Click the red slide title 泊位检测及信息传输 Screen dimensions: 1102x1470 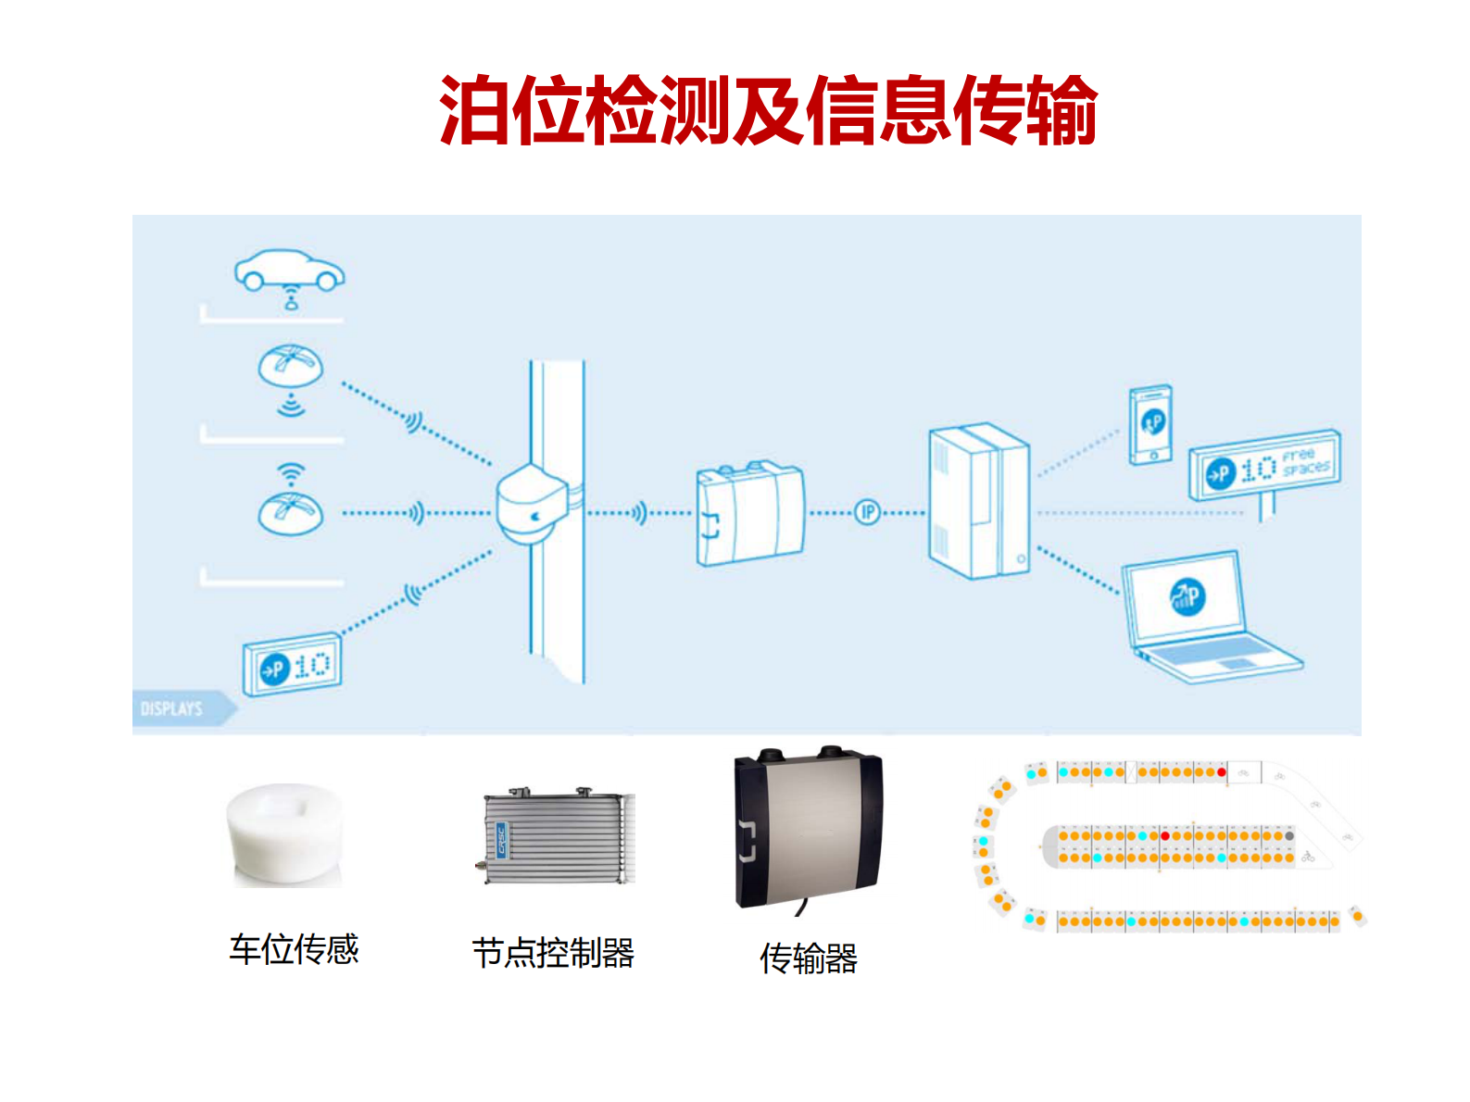pyautogui.click(x=768, y=111)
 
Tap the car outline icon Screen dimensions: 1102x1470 pyautogui.click(x=289, y=270)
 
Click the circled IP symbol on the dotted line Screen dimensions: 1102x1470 pyautogui.click(x=867, y=512)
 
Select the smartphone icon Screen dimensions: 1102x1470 pyautogui.click(x=1151, y=424)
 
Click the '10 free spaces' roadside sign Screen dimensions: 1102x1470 pyautogui.click(x=1265, y=467)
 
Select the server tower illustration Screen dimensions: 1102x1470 pyautogui.click(x=978, y=502)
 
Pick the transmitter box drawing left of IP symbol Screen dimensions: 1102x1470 pyautogui.click(x=749, y=515)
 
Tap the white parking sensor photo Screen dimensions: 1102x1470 pyautogui.click(x=285, y=834)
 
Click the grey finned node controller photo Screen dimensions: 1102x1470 pyautogui.click(x=559, y=836)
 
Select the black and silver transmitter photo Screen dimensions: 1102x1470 pyautogui.click(x=807, y=828)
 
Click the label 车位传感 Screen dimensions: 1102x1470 pyautogui.click(x=294, y=949)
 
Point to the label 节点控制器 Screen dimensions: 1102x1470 pyautogui.click(x=553, y=953)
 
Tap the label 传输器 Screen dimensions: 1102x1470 pyautogui.click(x=808, y=958)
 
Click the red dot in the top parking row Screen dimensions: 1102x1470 pyautogui.click(x=1222, y=772)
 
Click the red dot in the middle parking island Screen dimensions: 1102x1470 pyautogui.click(x=1165, y=836)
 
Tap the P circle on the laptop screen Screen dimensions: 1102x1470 pyautogui.click(x=1187, y=596)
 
